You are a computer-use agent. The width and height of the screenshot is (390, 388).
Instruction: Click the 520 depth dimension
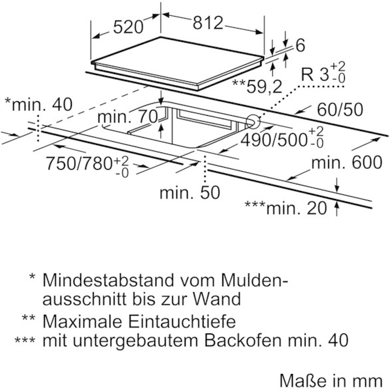pos(128,27)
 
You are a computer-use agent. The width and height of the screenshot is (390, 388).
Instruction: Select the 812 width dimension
pos(208,23)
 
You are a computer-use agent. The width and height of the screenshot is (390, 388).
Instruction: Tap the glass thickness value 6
pos(300,45)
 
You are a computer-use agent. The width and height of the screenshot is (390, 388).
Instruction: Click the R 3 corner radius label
pos(323,73)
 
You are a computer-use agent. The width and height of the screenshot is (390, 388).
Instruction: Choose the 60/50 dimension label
pos(340,109)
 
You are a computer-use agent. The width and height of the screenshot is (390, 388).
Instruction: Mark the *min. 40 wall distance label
pos(39,104)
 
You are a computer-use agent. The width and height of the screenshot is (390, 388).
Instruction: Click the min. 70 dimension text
pos(128,117)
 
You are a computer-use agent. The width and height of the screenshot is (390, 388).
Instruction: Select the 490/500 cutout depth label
pos(282,138)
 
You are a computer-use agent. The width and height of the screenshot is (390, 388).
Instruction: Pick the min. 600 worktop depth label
pos(347,162)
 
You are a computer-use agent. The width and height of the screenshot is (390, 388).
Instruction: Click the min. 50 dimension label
pos(190,192)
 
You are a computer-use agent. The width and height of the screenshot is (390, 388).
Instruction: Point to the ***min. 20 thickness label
pos(286,208)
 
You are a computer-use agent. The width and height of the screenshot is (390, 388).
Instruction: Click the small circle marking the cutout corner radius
pos(253,122)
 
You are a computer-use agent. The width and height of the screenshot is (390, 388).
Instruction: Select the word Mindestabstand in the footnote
pos(108,280)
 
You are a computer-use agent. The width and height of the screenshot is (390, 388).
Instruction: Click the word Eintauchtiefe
pos(182,321)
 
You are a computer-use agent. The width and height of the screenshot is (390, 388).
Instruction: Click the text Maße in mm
pos(331,380)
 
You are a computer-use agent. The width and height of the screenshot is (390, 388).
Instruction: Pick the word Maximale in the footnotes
pos(83,321)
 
